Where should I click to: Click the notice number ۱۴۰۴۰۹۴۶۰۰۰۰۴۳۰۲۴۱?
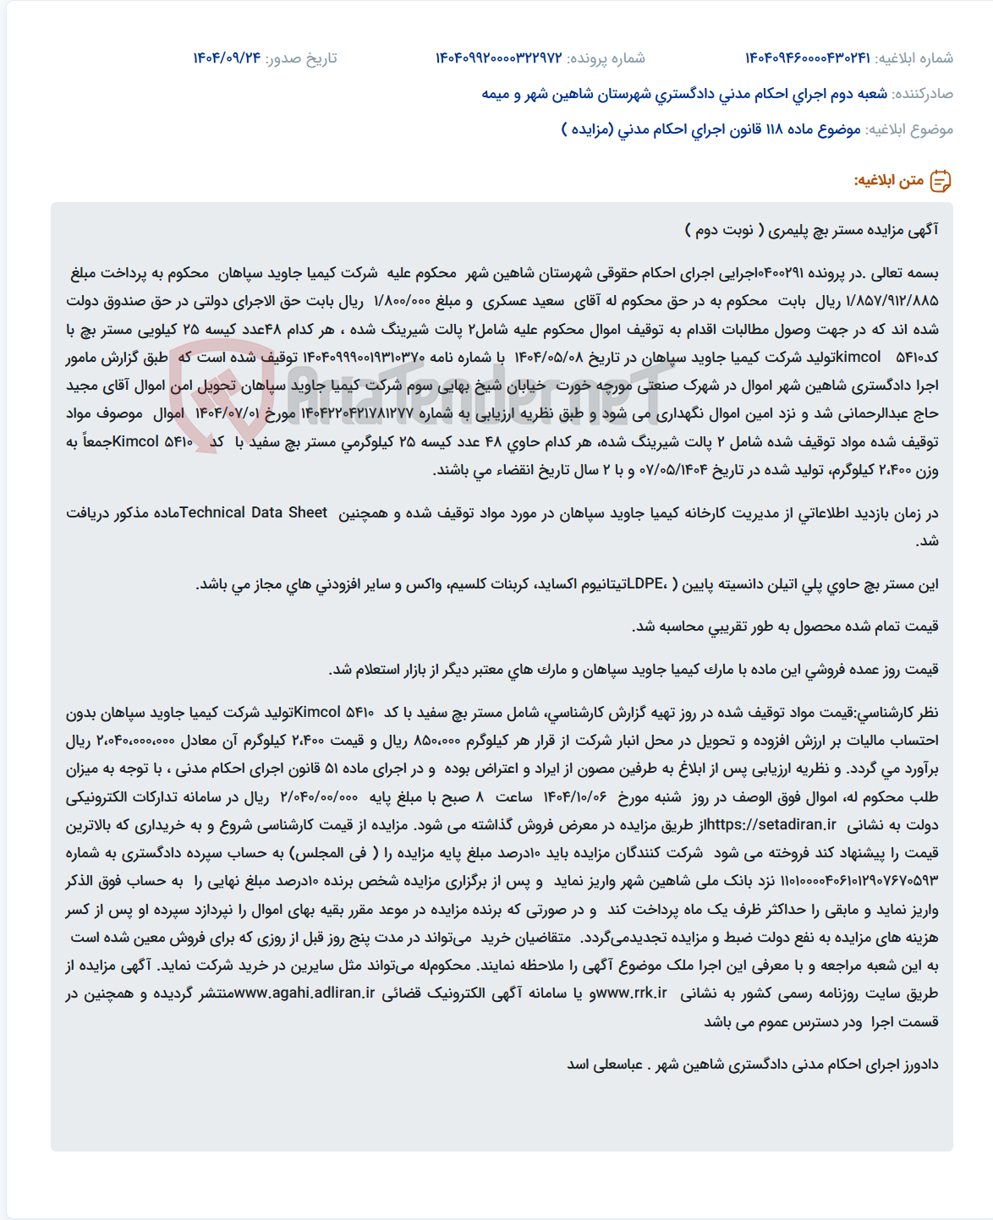tap(807, 58)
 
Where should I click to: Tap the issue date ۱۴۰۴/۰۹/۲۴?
tap(227, 58)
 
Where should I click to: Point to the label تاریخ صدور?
tap(301, 58)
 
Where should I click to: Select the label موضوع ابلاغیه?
tap(909, 129)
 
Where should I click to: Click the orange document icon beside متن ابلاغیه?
tap(941, 181)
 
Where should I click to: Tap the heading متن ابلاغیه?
tap(888, 181)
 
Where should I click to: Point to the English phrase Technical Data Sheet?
tap(253, 512)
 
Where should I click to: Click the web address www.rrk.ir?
tap(630, 993)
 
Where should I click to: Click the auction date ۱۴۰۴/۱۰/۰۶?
tap(575, 796)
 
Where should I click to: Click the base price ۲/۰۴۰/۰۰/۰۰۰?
tap(319, 796)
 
